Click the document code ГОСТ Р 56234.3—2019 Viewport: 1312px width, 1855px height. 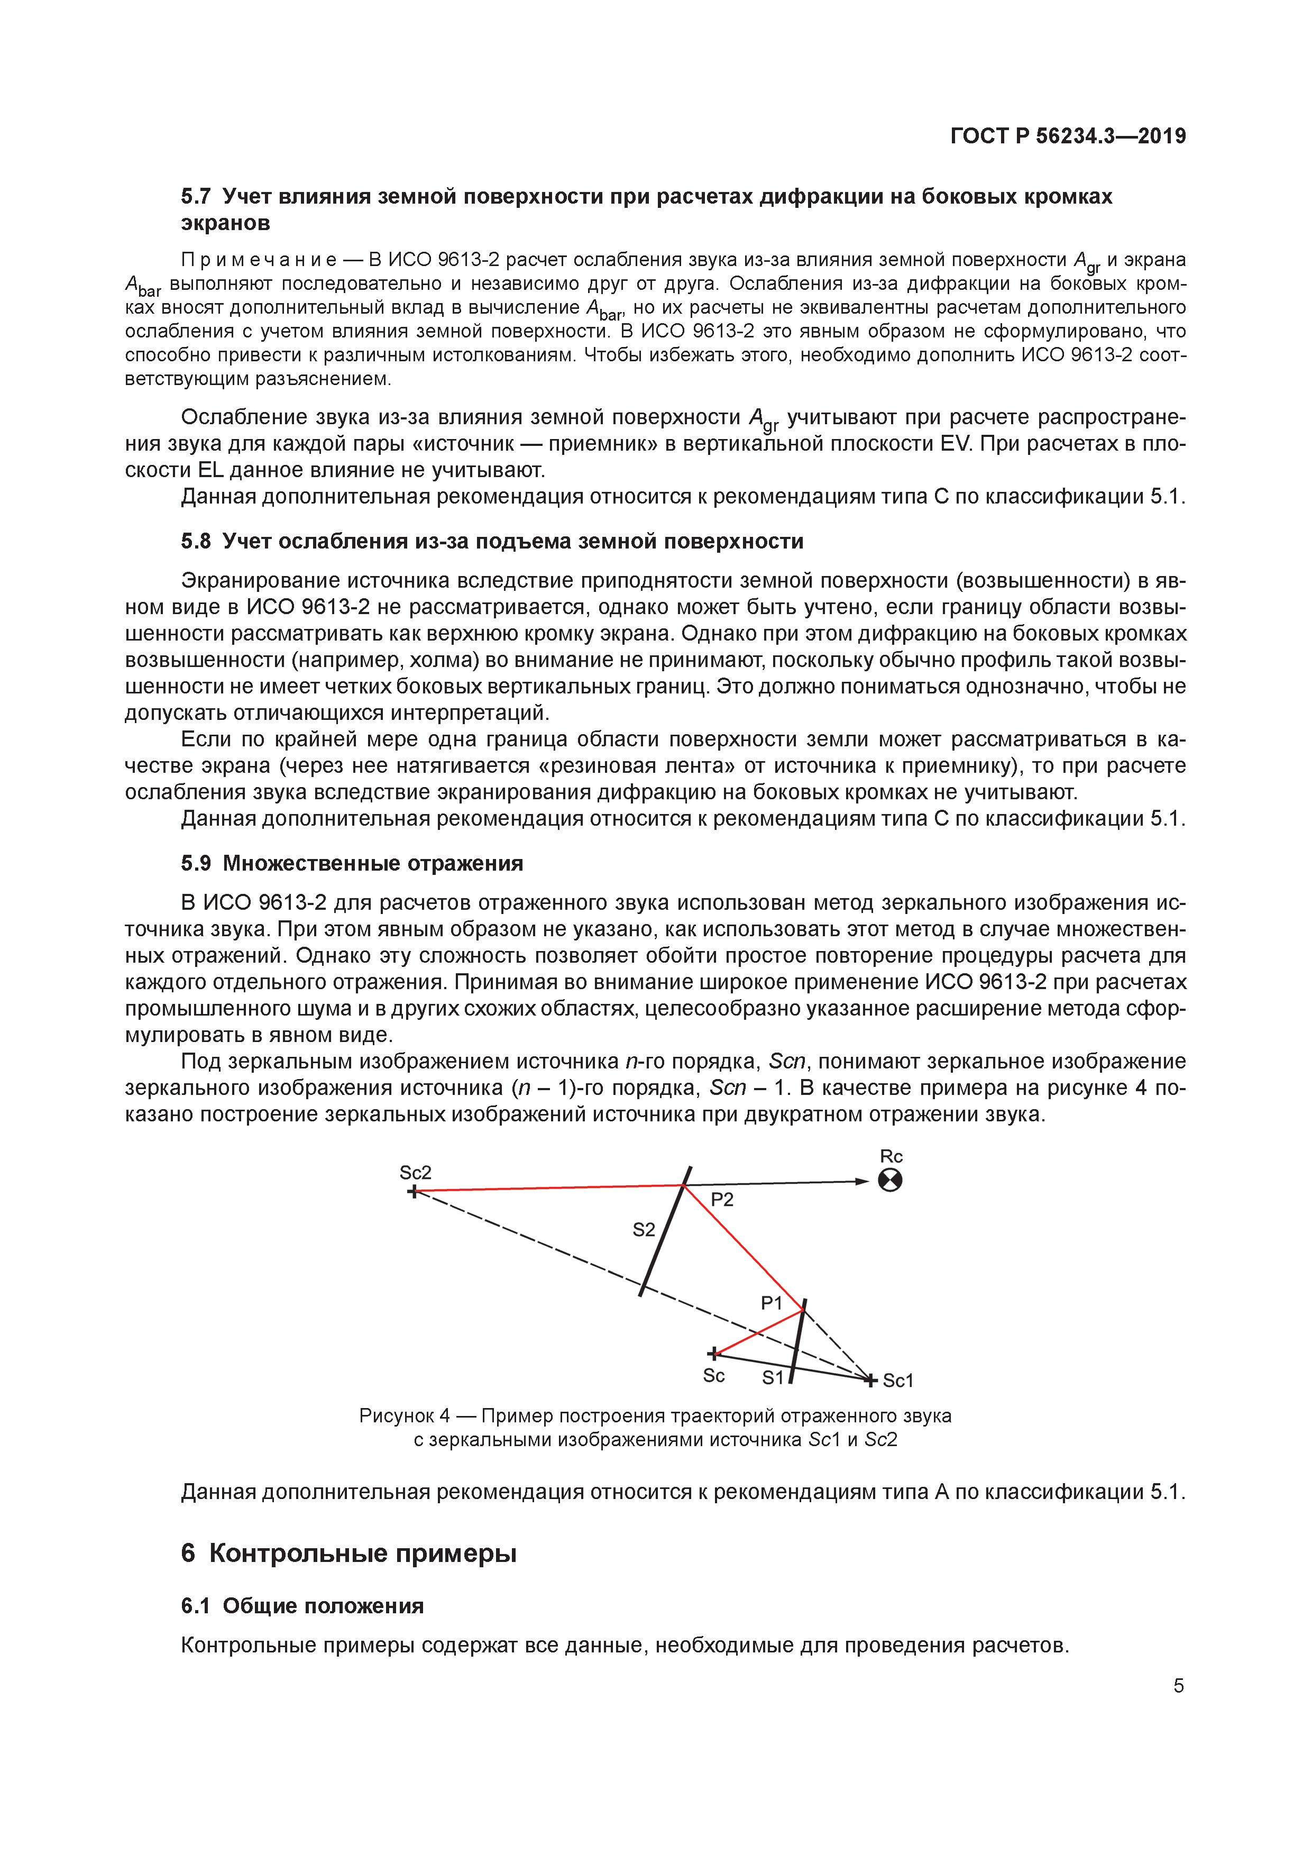click(x=1067, y=136)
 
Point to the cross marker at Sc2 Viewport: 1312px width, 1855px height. click(x=414, y=1191)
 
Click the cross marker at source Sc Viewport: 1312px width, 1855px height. click(x=712, y=1353)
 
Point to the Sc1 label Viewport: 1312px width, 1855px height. click(x=897, y=1381)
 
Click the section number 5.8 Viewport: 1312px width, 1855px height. click(x=196, y=541)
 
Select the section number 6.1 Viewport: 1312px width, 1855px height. click(x=196, y=1605)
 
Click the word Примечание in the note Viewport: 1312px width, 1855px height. click(x=259, y=260)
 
